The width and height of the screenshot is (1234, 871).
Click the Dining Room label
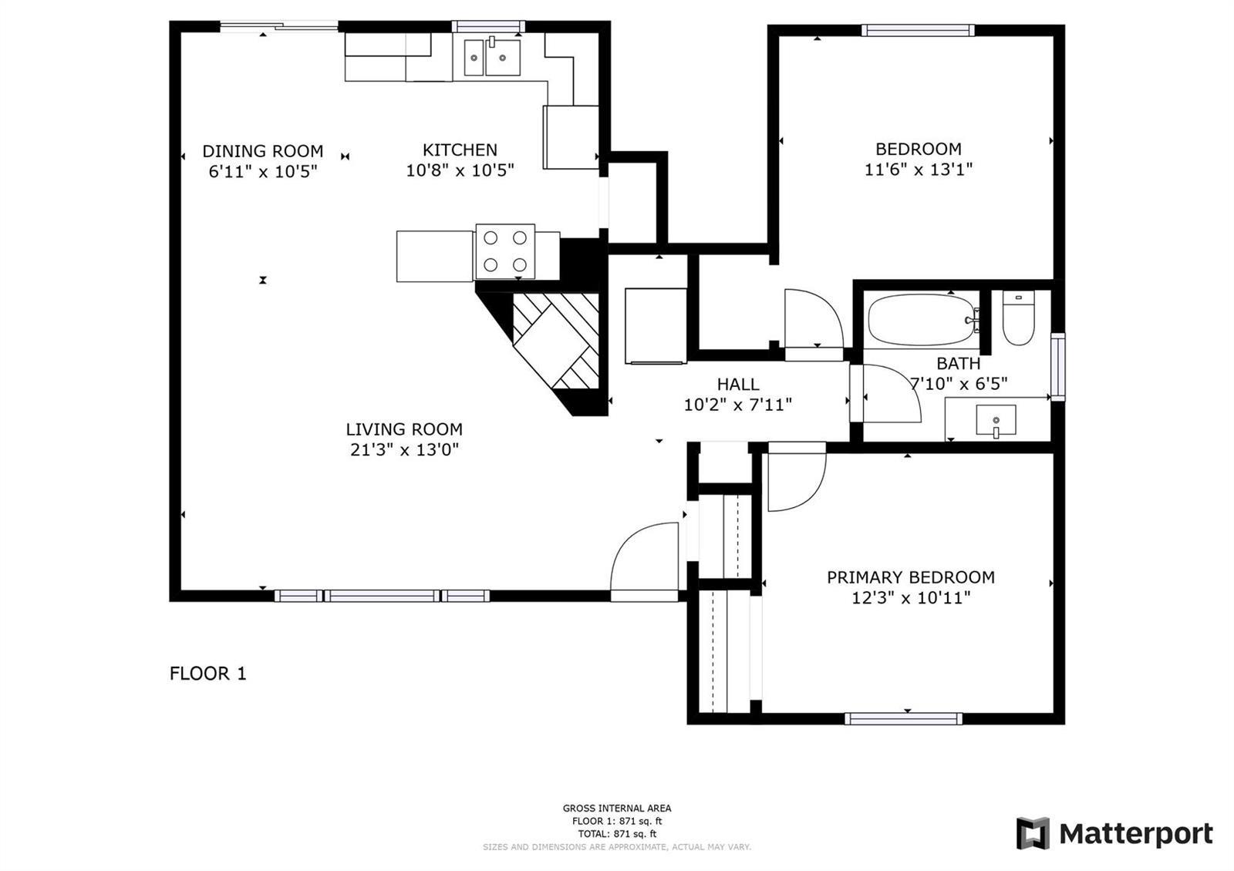[263, 151]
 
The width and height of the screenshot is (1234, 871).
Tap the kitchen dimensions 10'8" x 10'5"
[460, 170]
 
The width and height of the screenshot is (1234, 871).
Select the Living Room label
[404, 429]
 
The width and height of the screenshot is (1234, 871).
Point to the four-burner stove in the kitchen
[505, 251]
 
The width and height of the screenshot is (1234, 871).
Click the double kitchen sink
[492, 57]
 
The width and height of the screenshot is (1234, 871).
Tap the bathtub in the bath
[922, 320]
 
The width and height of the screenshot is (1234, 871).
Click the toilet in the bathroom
[1018, 318]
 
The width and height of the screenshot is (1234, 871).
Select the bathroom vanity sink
[996, 421]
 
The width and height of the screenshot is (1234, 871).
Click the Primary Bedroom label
[911, 577]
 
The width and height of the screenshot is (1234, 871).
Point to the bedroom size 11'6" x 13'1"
[919, 169]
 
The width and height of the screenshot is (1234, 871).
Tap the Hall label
[737, 384]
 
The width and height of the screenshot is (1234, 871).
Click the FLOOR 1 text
[207, 674]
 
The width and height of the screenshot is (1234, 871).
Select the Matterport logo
[1114, 833]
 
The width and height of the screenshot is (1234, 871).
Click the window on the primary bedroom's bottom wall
[903, 718]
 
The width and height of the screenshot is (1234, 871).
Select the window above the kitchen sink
[488, 26]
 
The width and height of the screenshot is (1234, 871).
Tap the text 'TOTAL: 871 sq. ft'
[617, 833]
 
